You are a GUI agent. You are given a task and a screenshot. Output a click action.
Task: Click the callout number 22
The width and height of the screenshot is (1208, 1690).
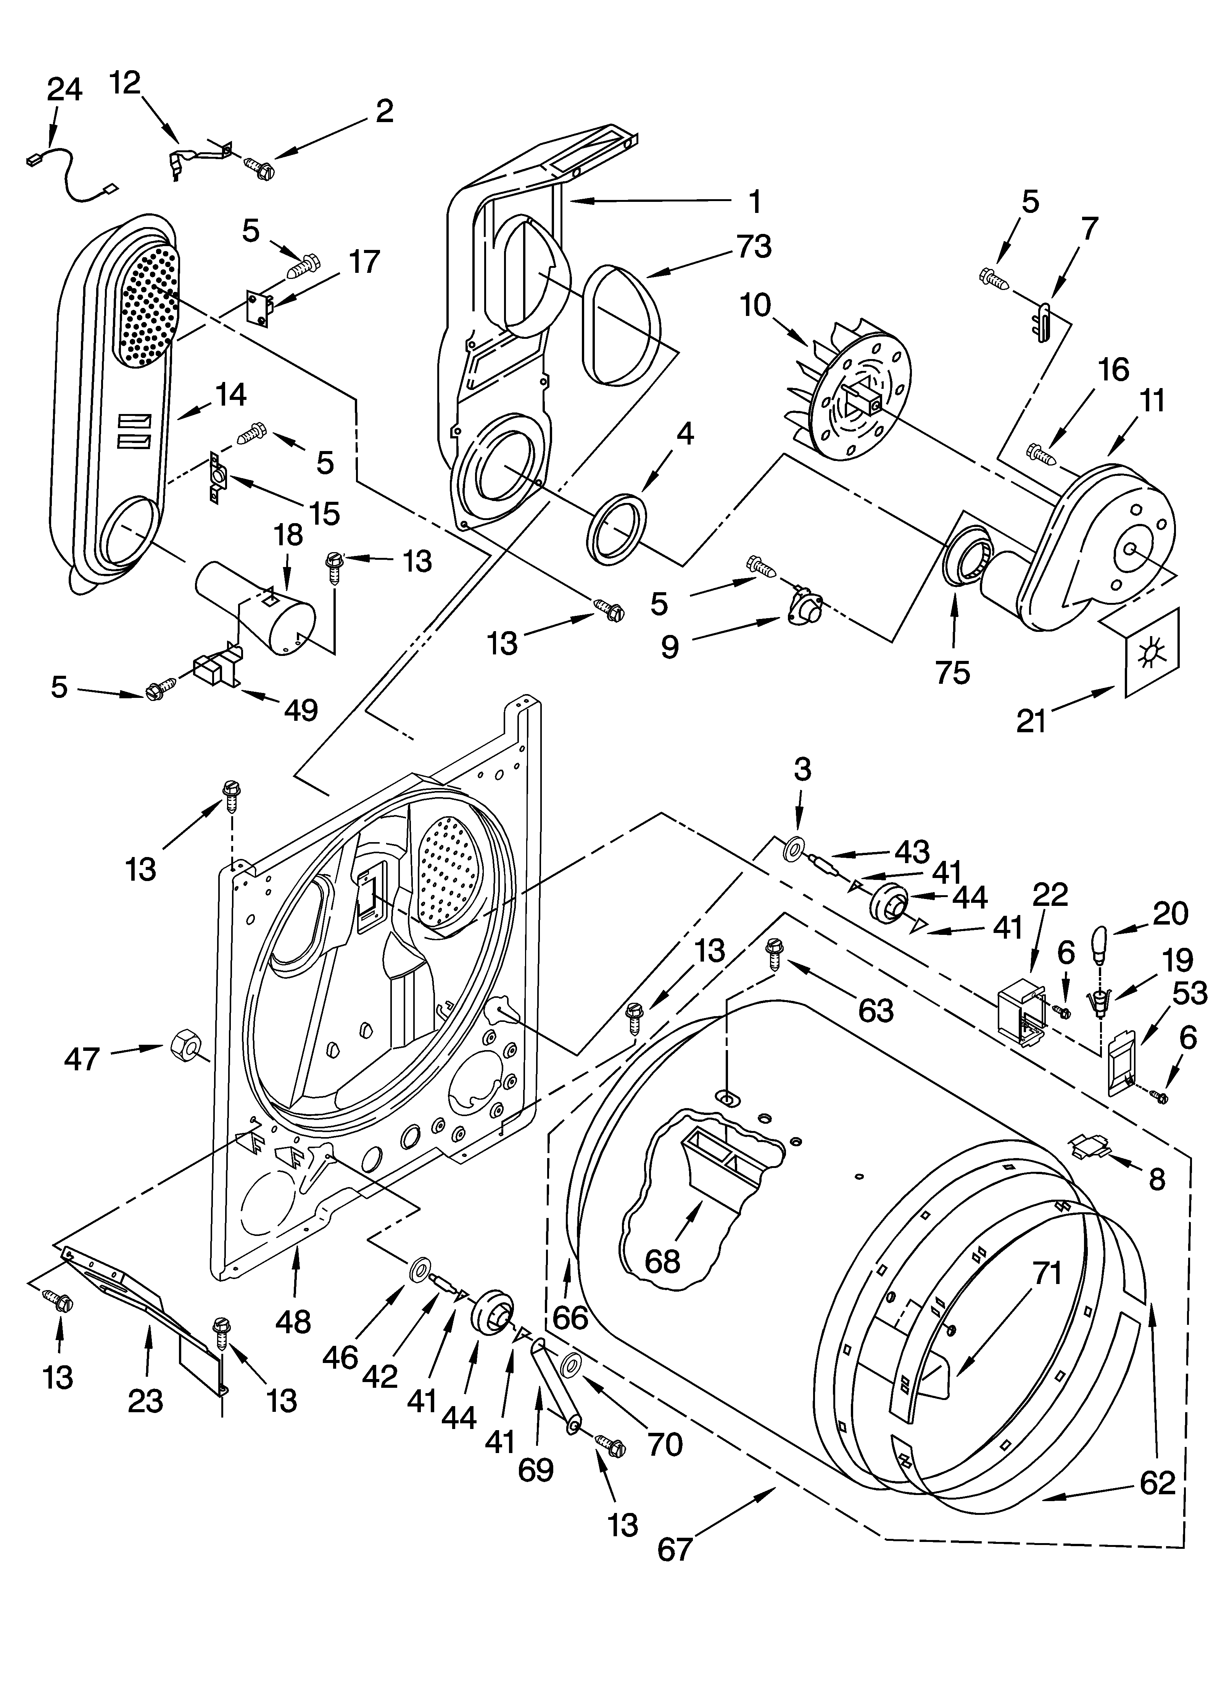(x=1050, y=895)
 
